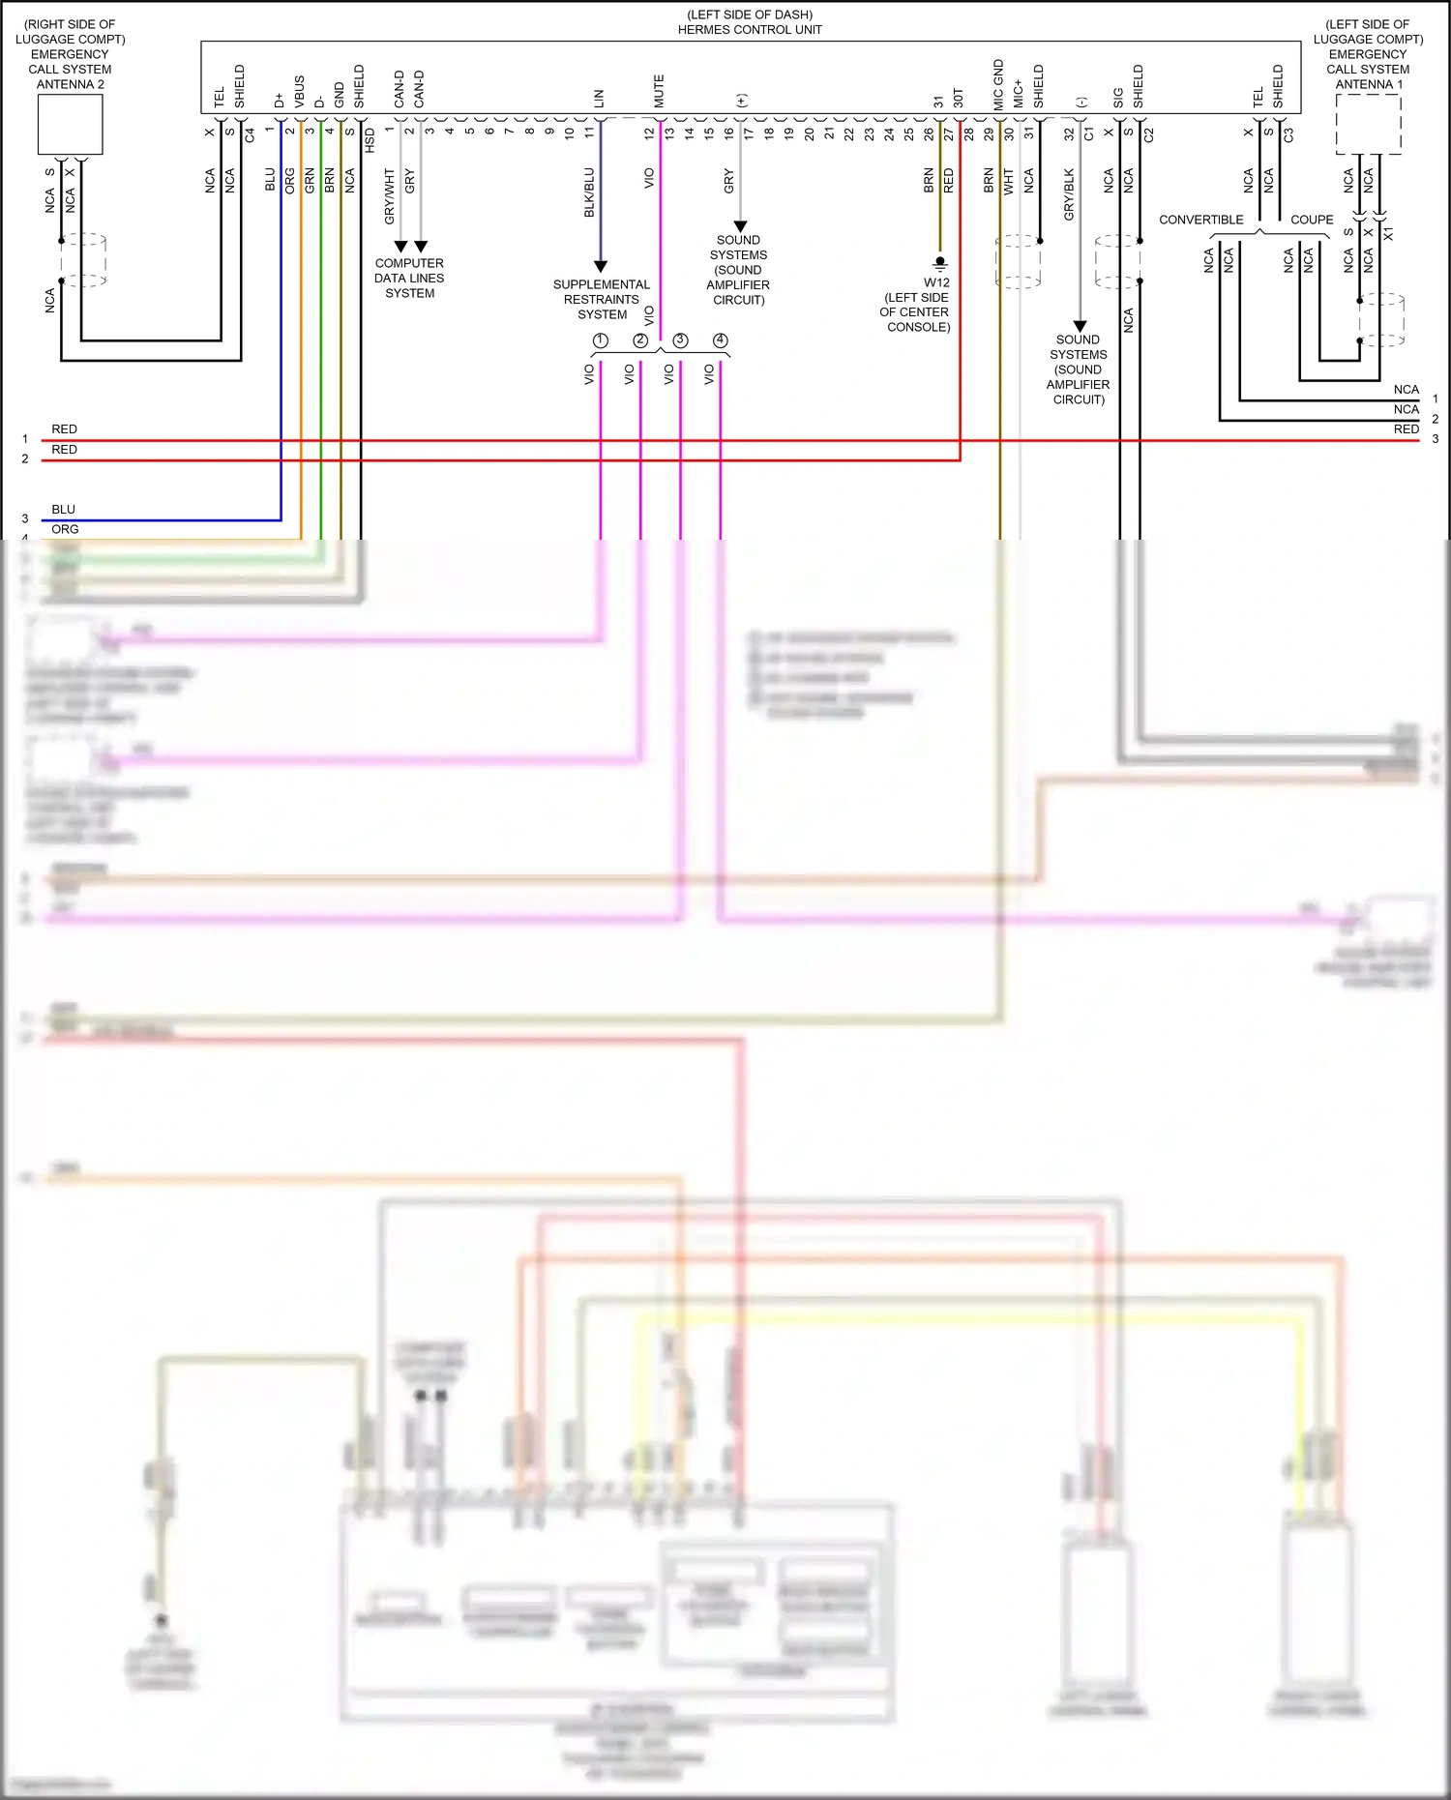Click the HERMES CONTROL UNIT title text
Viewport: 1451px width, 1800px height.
click(x=750, y=30)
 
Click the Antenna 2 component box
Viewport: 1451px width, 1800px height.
click(x=71, y=125)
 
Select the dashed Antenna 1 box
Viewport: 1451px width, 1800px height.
click(x=1368, y=124)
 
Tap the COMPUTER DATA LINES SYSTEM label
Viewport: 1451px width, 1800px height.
click(x=409, y=278)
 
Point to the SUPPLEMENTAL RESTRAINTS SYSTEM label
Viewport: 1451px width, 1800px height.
click(x=601, y=299)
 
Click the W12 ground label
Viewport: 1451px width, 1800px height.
click(x=936, y=282)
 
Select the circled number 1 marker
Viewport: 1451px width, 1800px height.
click(x=600, y=340)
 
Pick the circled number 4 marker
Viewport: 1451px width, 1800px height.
click(x=721, y=340)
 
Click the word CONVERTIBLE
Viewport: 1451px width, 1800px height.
click(x=1200, y=220)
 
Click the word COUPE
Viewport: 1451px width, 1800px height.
click(x=1312, y=220)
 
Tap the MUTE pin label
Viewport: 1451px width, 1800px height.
click(x=660, y=91)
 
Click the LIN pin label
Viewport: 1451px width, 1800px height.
click(x=599, y=99)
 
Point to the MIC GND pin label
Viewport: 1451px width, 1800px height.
click(x=999, y=84)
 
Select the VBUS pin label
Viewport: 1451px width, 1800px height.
click(x=299, y=91)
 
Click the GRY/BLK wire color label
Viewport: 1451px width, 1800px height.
click(x=1069, y=194)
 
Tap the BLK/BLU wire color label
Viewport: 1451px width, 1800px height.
click(x=589, y=192)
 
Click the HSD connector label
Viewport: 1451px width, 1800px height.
click(x=370, y=141)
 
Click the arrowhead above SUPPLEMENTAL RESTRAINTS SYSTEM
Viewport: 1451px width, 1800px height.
click(x=600, y=266)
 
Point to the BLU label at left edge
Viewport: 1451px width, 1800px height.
click(x=64, y=510)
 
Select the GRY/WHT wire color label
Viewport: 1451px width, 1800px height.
click(x=390, y=196)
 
